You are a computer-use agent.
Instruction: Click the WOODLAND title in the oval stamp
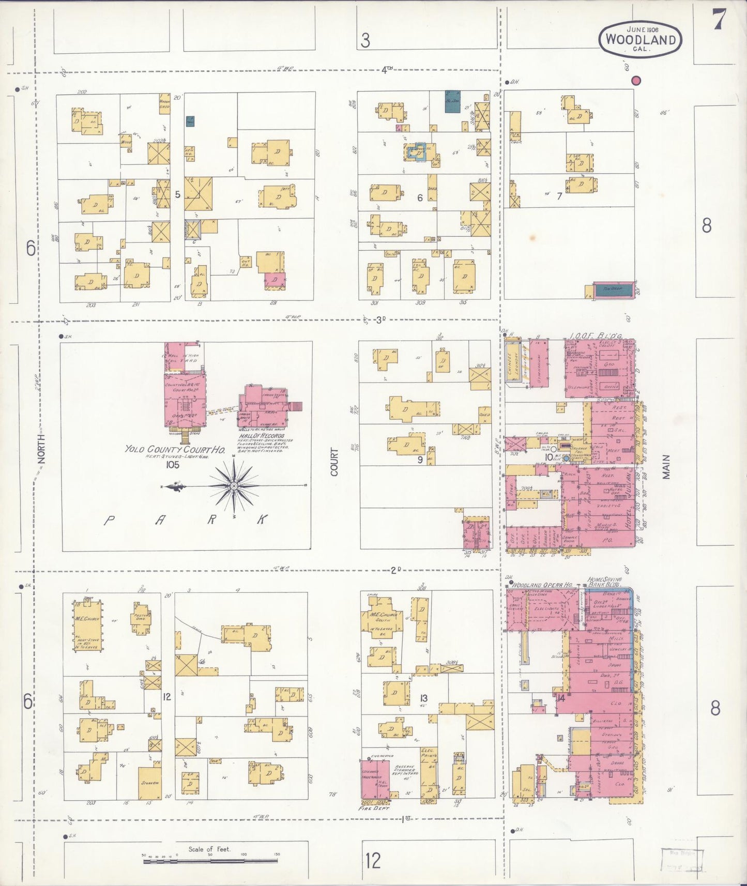click(x=641, y=39)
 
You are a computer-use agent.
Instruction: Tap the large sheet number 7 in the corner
click(x=719, y=20)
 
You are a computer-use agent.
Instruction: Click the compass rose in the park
click(x=234, y=486)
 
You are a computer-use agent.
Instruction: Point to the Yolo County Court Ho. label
click(x=174, y=449)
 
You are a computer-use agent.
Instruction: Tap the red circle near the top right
click(x=636, y=81)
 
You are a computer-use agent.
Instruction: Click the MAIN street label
click(x=666, y=467)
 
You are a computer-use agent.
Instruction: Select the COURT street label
click(x=334, y=462)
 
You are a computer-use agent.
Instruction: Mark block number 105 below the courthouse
click(x=172, y=465)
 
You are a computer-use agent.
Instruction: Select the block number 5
click(x=177, y=195)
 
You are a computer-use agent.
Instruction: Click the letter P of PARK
click(x=110, y=520)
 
